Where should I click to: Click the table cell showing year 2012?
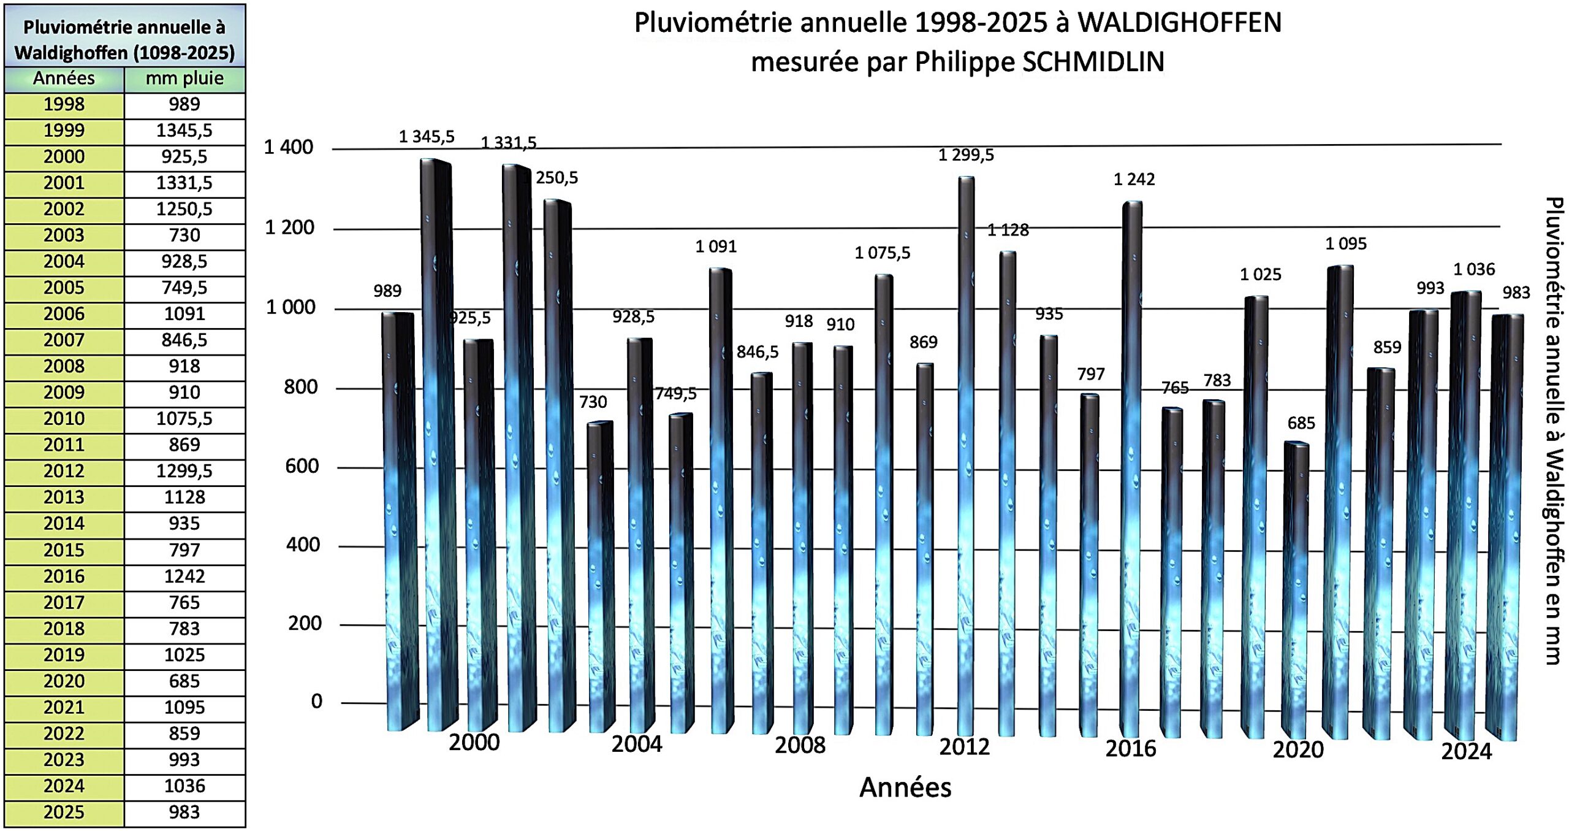point(64,471)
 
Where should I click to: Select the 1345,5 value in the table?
point(184,131)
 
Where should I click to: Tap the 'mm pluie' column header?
point(184,79)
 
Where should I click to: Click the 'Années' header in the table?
point(64,79)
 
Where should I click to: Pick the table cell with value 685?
point(184,681)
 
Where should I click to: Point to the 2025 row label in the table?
point(64,813)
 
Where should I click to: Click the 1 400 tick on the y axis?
point(288,147)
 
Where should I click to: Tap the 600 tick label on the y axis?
point(302,467)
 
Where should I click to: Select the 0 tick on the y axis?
point(316,701)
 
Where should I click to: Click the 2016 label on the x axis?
point(1130,749)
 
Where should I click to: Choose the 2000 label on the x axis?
point(474,743)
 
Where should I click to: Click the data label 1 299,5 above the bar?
point(966,155)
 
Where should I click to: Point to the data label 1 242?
point(1134,180)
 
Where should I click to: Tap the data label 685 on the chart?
point(1301,423)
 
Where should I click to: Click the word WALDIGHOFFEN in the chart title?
point(1179,23)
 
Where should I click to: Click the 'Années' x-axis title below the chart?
point(905,787)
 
